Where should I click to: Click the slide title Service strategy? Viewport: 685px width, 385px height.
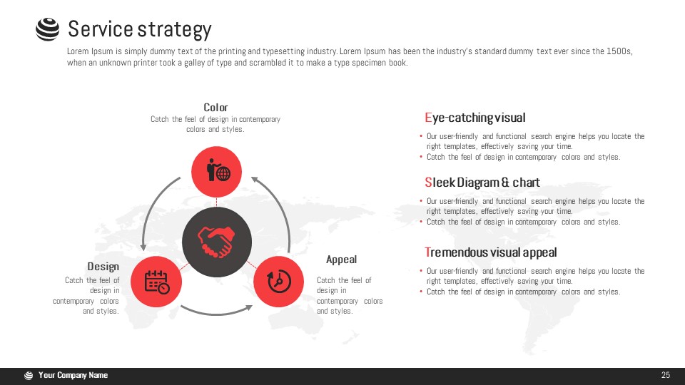click(x=140, y=30)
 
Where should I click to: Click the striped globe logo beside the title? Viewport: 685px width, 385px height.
click(x=47, y=29)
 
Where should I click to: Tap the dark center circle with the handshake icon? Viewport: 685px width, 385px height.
click(x=217, y=242)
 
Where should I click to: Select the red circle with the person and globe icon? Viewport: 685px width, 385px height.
click(x=216, y=172)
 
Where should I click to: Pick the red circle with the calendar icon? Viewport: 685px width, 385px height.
click(x=156, y=282)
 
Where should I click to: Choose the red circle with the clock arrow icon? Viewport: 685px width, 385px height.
click(x=279, y=282)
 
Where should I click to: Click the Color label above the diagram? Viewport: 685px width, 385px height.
click(x=215, y=108)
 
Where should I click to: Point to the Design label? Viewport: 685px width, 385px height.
click(x=103, y=267)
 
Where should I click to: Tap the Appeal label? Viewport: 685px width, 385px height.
click(x=341, y=260)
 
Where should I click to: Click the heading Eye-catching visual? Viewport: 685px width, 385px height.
click(x=475, y=118)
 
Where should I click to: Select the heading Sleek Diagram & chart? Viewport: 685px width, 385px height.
click(x=482, y=182)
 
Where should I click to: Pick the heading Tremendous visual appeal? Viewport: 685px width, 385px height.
click(x=491, y=252)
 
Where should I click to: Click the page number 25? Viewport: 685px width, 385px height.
click(x=665, y=375)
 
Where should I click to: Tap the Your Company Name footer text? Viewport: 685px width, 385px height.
click(x=73, y=375)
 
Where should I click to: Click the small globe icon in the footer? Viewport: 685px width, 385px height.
click(x=29, y=376)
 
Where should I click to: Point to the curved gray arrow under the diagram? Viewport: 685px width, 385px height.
click(x=217, y=312)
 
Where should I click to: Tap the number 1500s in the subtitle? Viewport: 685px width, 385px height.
click(x=619, y=51)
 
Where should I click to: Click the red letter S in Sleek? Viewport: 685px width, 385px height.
click(x=428, y=182)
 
